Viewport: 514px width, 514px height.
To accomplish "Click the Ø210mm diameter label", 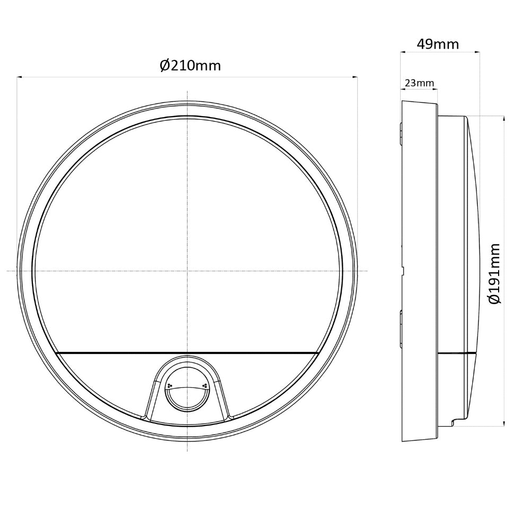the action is (190, 66).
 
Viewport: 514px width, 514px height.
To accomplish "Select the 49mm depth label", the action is (438, 45).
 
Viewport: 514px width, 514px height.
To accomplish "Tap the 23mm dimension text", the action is (419, 83).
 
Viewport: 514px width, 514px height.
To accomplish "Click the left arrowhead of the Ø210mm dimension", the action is (19, 77).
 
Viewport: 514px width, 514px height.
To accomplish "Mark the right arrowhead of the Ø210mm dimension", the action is (355, 77).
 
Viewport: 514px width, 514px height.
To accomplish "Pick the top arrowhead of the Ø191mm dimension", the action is (503, 118).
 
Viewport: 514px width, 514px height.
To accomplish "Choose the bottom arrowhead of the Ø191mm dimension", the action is (503, 423).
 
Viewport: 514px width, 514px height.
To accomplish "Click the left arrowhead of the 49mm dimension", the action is (403, 51).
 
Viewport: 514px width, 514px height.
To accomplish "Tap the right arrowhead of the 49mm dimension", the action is (477, 51).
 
